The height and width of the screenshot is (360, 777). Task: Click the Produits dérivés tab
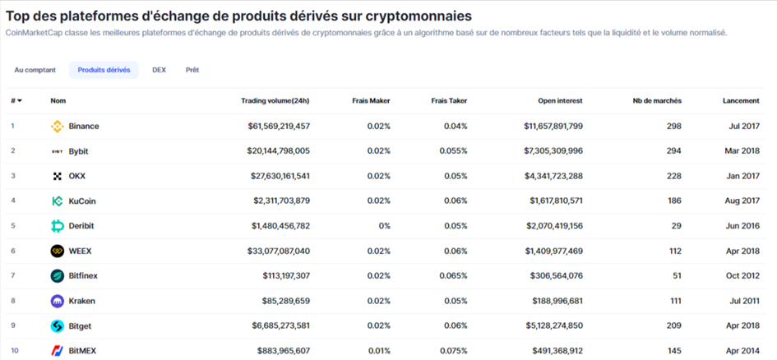coord(104,70)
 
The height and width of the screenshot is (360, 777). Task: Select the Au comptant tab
coord(35,70)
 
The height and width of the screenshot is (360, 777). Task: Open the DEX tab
coord(159,70)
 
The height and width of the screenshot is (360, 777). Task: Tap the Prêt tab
coord(192,70)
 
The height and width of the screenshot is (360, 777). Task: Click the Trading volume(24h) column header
coord(275,100)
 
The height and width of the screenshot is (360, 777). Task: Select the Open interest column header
coord(560,100)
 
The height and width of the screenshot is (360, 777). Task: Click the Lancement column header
coord(741,100)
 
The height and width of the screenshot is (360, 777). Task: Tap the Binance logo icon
coord(58,127)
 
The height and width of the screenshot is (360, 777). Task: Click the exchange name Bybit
coord(80,151)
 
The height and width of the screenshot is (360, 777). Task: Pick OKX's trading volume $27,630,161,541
coord(280,176)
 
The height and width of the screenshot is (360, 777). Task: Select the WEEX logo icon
coord(58,252)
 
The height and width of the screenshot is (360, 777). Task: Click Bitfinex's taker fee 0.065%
coord(453,276)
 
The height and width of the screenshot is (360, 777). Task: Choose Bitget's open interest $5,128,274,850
coord(553,326)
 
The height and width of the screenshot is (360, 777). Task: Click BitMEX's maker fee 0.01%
coord(378,351)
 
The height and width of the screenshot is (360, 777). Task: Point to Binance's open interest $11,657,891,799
coord(553,127)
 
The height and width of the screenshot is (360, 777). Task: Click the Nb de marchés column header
coord(657,100)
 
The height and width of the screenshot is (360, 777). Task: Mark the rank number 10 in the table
coord(15,351)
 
